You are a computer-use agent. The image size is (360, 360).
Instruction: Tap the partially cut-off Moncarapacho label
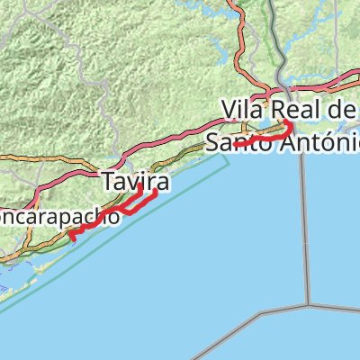(x=58, y=217)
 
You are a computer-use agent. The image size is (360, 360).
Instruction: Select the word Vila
(x=245, y=108)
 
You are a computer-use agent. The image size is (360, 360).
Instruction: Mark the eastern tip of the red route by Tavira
(x=157, y=191)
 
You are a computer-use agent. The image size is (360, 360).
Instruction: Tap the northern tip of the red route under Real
(x=285, y=121)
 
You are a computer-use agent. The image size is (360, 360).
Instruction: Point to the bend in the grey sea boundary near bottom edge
(x=262, y=316)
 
